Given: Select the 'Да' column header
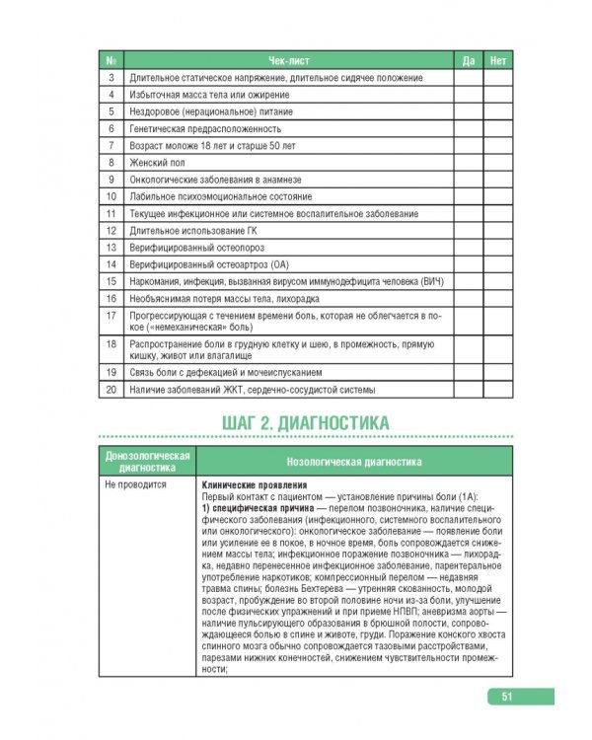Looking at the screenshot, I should coord(469,60).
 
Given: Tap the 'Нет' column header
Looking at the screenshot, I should coord(498,60).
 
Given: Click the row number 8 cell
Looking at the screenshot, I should coord(111,162).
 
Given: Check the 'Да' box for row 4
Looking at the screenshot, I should coord(469,94).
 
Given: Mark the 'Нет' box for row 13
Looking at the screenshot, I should coord(498,247).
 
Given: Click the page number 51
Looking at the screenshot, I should coord(504,697).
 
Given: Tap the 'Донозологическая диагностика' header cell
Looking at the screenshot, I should coord(147,461).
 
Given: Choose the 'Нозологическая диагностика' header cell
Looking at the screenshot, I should coord(353,461).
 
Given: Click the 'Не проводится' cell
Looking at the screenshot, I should coord(136,485).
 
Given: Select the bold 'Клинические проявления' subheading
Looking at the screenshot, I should coord(254,485).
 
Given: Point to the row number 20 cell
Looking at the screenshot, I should coord(111,390).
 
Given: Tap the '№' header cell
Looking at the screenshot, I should coord(111,60).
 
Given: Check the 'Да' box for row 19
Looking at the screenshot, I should coord(469,372).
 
